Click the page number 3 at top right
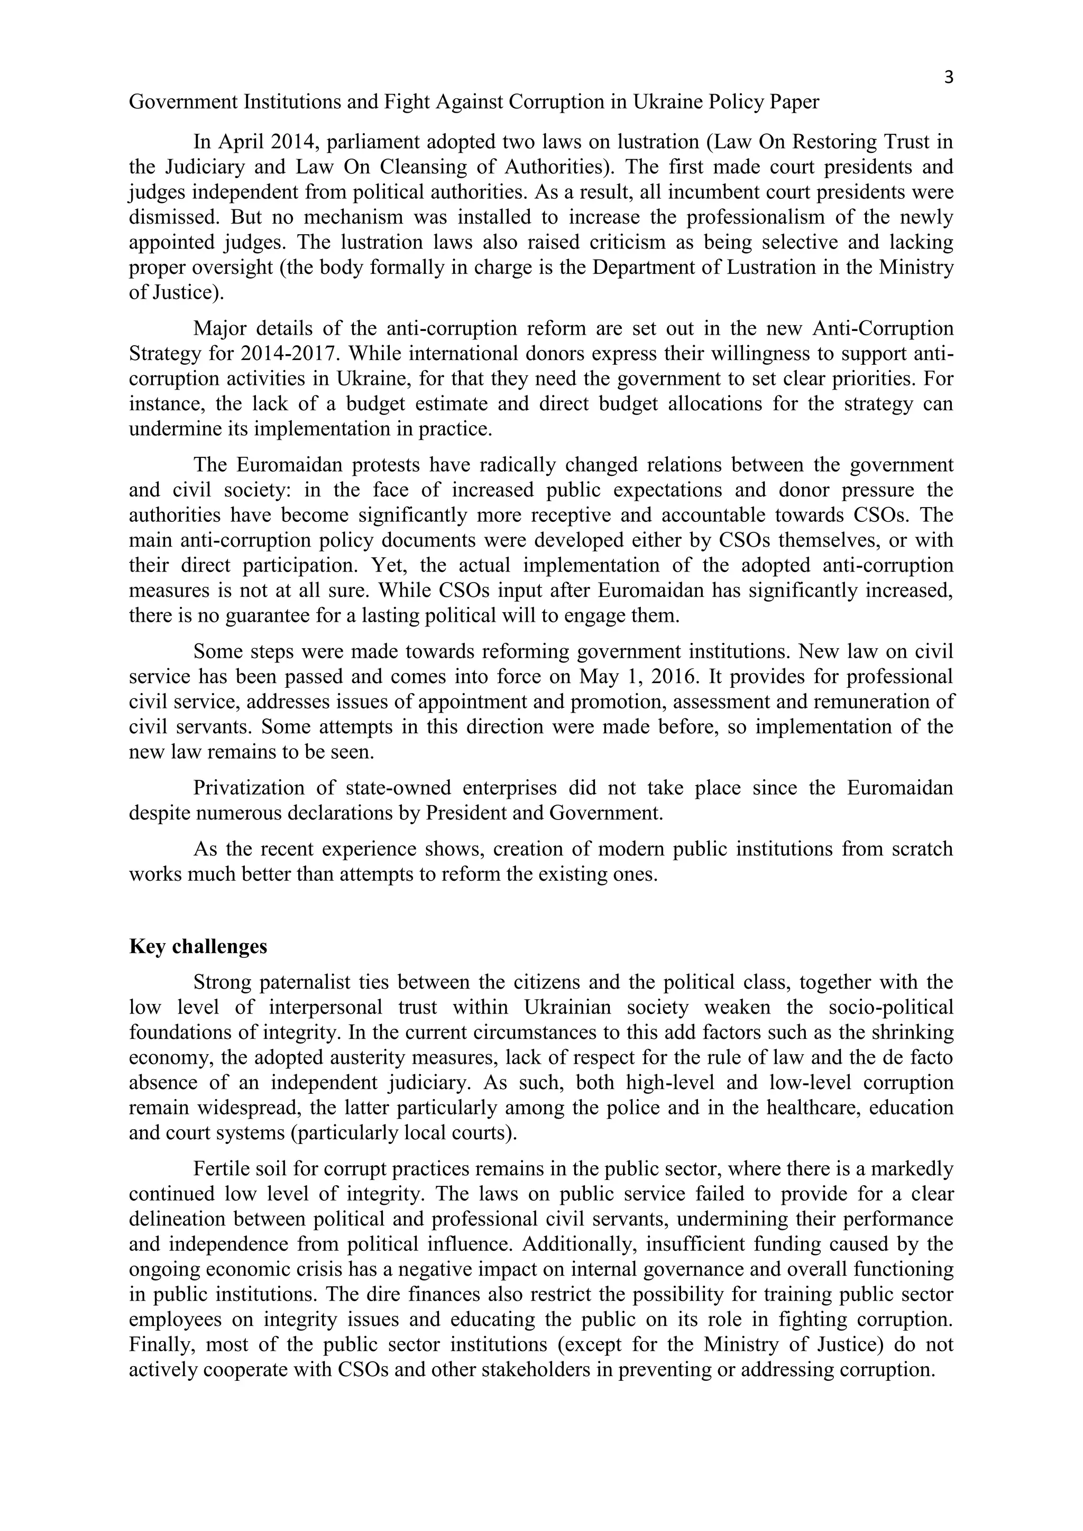pos(948,78)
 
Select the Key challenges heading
pos(198,946)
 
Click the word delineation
pos(177,1219)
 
